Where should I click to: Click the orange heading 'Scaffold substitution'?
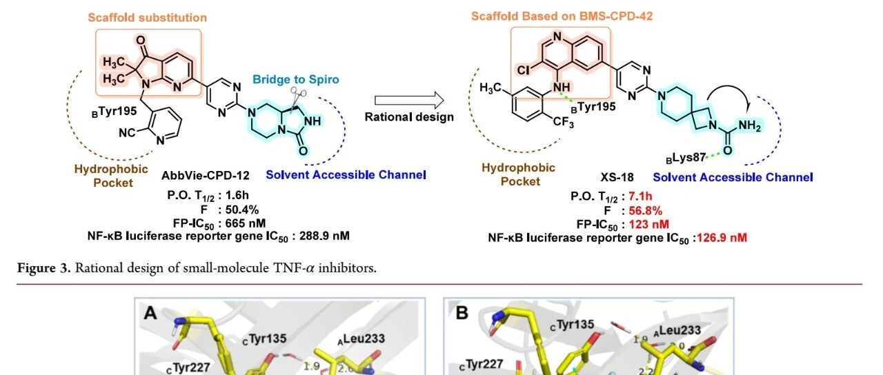tap(147, 17)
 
